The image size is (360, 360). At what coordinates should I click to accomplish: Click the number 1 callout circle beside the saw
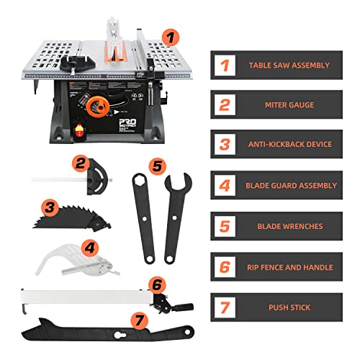pos(168,36)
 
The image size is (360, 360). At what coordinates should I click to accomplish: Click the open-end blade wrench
pos(176,216)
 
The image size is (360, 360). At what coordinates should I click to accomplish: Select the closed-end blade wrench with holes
pos(146,216)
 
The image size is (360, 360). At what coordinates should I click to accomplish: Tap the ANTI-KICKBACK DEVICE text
pos(290,145)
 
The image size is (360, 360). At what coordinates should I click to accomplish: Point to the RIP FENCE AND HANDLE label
pos(290,266)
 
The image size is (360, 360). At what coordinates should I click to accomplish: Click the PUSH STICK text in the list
pos(290,307)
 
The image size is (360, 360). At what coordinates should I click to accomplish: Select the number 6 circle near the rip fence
pos(157,284)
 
